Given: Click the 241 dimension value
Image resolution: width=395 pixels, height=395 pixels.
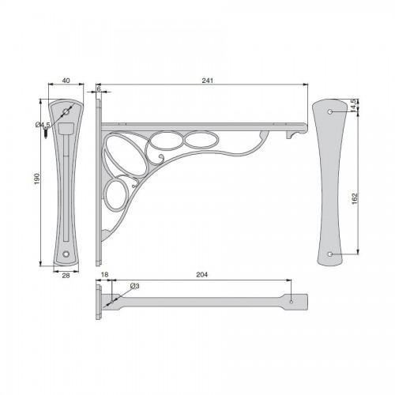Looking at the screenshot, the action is click(207, 81).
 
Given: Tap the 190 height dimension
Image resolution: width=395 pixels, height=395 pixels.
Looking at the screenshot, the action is click(37, 179).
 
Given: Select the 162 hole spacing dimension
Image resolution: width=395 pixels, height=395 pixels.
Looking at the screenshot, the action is click(355, 198).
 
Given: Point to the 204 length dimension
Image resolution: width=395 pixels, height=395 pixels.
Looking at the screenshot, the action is click(201, 275).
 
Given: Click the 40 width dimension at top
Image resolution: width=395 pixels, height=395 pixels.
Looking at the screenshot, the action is click(66, 81).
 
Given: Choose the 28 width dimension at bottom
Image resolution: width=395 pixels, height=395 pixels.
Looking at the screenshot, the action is click(66, 276).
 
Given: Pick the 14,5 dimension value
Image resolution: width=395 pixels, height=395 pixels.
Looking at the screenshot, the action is click(354, 105).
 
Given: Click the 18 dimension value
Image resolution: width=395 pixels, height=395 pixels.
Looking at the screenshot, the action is click(104, 275).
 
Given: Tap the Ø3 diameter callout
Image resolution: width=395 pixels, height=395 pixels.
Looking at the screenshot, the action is click(134, 286).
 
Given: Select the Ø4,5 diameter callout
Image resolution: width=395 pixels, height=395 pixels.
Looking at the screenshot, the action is click(43, 124).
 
